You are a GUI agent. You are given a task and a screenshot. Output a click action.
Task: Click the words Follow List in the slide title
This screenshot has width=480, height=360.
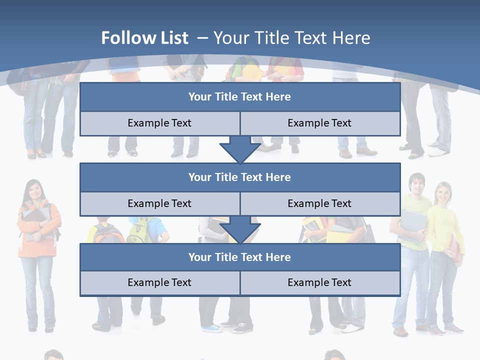[144, 38]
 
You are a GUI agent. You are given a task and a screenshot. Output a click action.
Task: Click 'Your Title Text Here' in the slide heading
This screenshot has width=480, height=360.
[292, 38]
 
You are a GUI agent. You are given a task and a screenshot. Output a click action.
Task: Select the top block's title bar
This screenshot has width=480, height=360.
[240, 97]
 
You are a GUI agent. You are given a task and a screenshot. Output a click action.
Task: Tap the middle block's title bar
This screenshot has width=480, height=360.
[240, 177]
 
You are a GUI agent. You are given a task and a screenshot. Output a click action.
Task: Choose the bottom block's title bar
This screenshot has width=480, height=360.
[240, 257]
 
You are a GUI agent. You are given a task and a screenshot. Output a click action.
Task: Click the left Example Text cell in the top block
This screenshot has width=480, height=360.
[159, 123]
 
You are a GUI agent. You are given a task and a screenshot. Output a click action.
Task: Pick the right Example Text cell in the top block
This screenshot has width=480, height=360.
[319, 123]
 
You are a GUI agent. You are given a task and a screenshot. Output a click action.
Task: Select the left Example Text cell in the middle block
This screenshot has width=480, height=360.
[159, 203]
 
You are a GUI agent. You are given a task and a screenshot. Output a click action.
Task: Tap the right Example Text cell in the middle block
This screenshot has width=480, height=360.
[319, 203]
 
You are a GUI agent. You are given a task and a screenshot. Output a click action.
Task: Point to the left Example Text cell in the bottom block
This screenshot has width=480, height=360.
[159, 282]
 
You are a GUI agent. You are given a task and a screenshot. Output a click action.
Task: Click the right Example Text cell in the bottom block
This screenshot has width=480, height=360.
[319, 282]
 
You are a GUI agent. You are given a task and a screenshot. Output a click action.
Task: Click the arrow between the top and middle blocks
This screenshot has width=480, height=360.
[240, 149]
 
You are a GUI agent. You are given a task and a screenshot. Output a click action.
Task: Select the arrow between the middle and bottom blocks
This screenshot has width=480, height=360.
[240, 229]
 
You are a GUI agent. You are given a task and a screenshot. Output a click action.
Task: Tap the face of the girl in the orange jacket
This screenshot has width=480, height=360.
[34, 189]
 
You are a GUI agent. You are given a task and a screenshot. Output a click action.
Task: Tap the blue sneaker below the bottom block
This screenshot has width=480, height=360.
[213, 328]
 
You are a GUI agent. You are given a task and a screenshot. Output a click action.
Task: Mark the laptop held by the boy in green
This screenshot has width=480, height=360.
[412, 222]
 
